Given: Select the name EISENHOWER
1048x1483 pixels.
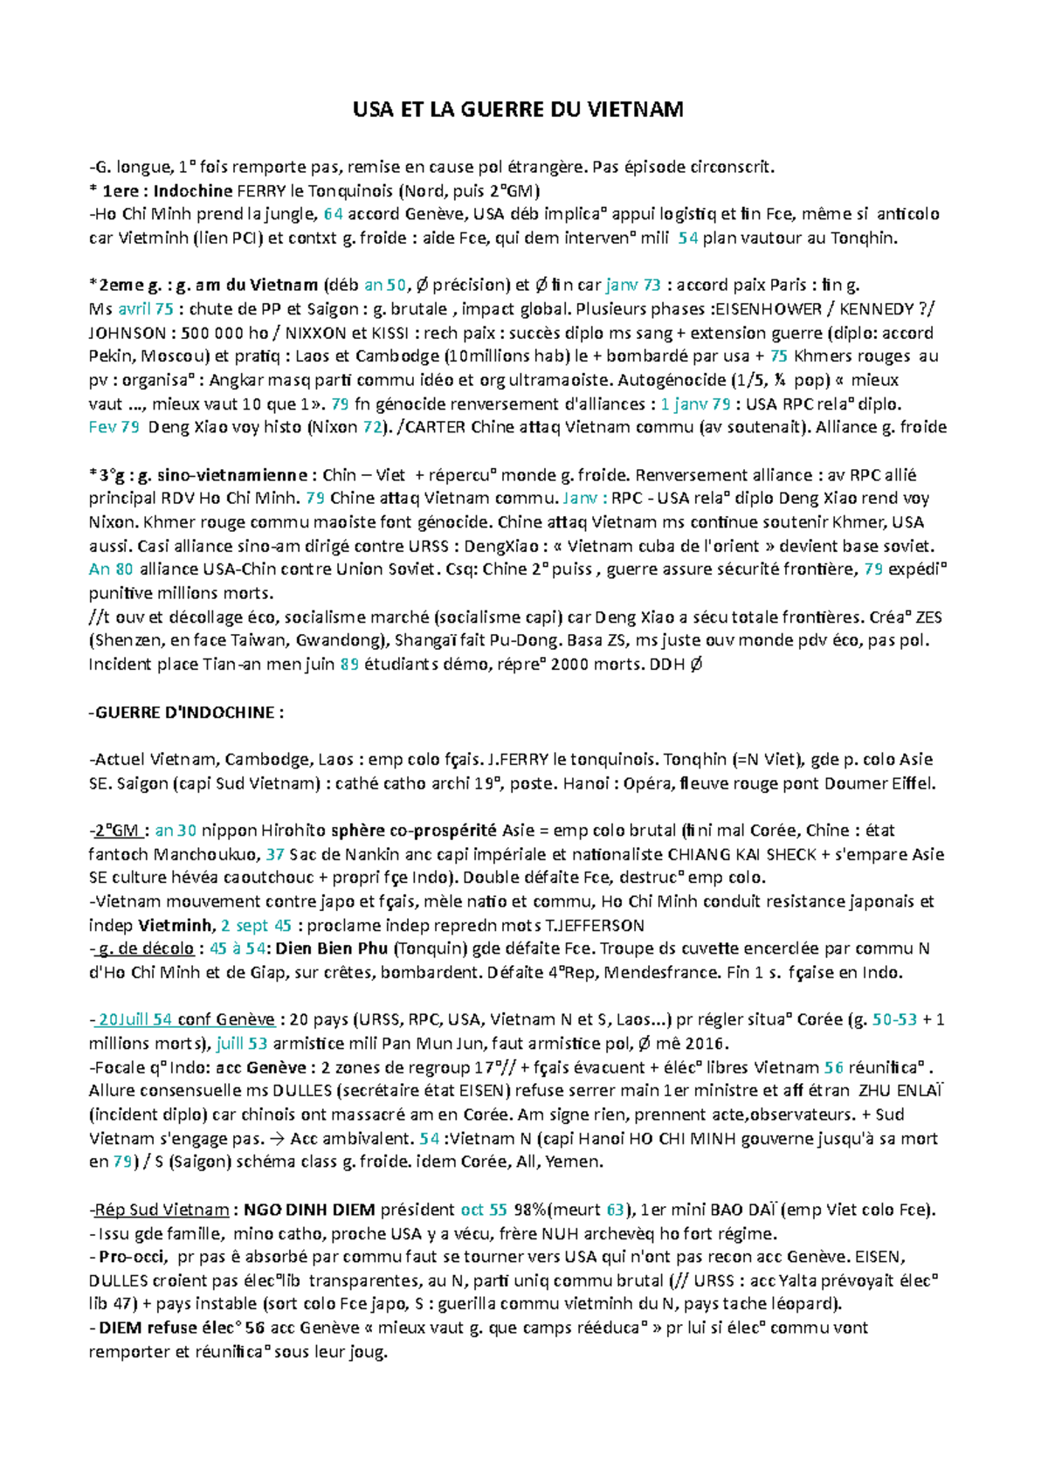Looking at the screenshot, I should pos(769,309).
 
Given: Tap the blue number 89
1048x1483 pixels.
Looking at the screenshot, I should pos(349,664).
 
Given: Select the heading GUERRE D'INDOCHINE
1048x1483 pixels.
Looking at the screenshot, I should pos(185,712).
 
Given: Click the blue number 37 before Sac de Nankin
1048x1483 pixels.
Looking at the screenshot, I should pos(275,854).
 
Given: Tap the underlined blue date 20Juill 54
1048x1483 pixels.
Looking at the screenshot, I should pos(134,1019).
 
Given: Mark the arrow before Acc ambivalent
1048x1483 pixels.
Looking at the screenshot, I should pos(279,1138).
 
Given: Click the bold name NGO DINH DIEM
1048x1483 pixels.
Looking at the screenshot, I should pos(309,1210).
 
